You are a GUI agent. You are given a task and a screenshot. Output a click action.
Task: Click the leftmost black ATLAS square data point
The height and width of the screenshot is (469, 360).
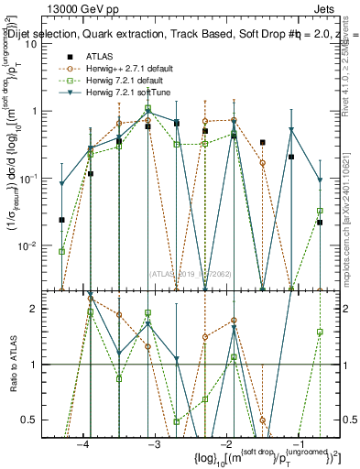[61, 220]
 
